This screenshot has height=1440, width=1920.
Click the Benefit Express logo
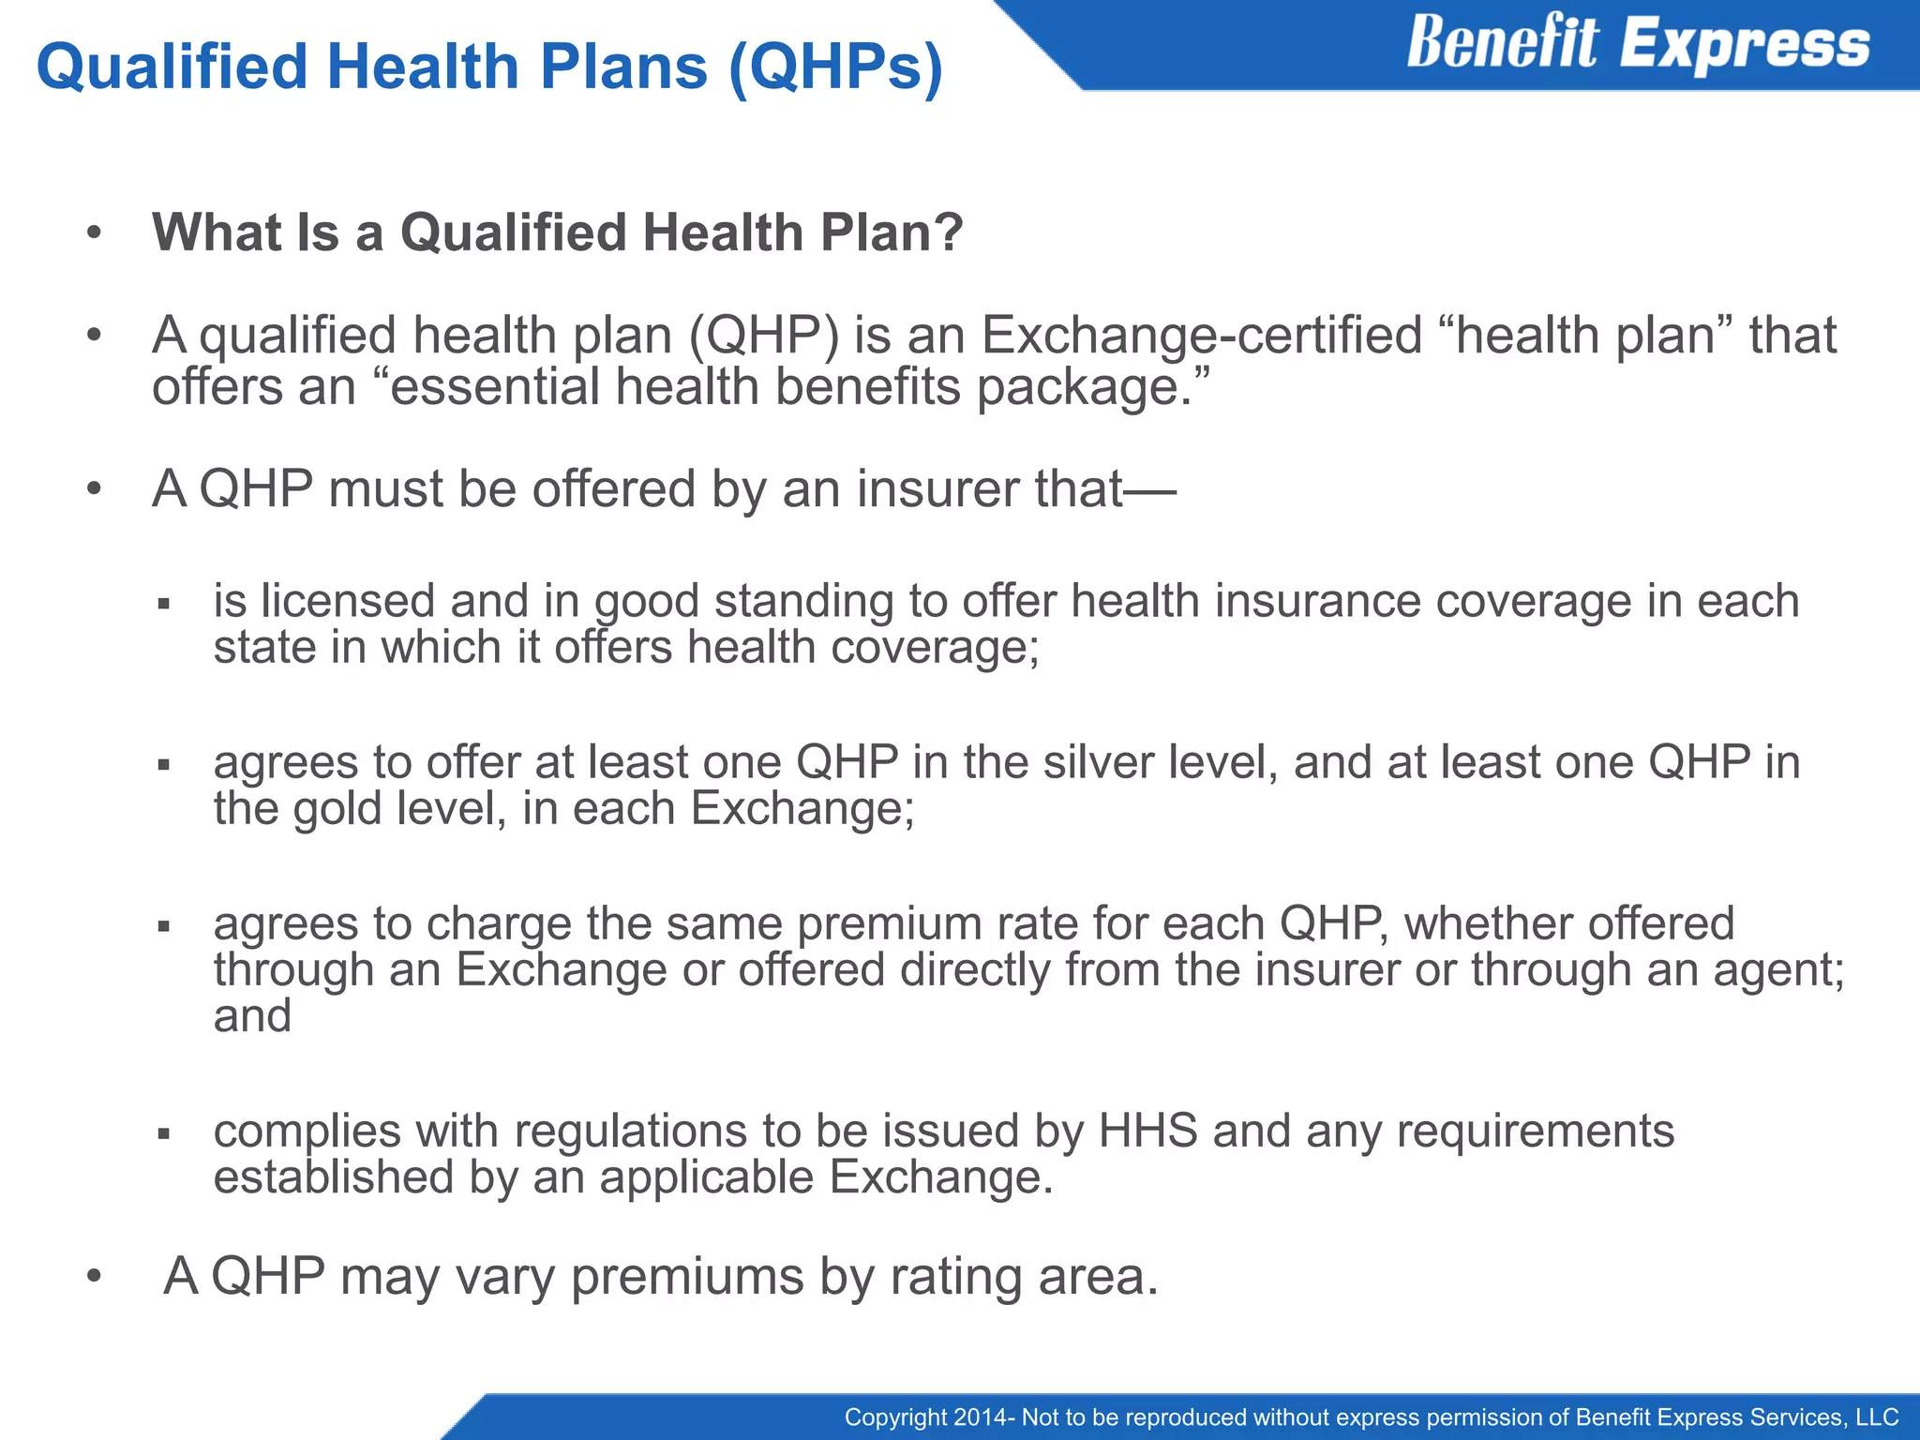point(1637,43)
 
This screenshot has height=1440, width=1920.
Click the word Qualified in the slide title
point(172,67)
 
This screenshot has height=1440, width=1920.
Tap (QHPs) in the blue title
point(835,67)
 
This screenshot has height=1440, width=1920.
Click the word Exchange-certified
point(1202,336)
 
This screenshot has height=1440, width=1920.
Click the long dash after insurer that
point(1150,489)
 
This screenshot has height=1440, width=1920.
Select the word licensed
point(348,601)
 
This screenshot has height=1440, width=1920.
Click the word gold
point(337,808)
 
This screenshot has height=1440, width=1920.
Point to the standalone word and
point(252,1016)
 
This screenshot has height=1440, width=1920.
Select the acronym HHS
point(1147,1131)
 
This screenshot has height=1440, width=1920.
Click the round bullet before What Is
point(93,233)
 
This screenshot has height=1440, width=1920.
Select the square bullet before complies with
point(164,1134)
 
